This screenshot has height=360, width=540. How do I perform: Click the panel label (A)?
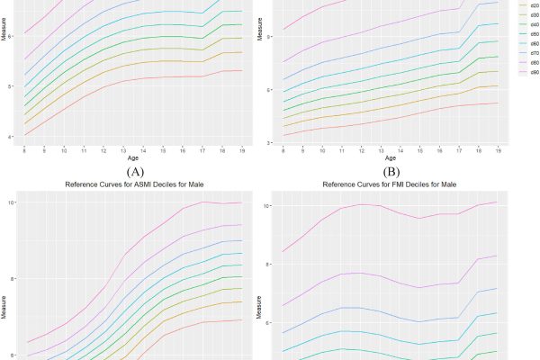pyautogui.click(x=138, y=170)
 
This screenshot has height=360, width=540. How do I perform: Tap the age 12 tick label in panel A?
pyautogui.click(x=103, y=150)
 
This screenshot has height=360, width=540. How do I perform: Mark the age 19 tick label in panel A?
pyautogui.click(x=241, y=150)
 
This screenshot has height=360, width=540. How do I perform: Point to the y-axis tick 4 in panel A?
pyautogui.click(x=10, y=137)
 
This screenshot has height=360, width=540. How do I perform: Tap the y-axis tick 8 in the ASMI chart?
pyautogui.click(x=10, y=279)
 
